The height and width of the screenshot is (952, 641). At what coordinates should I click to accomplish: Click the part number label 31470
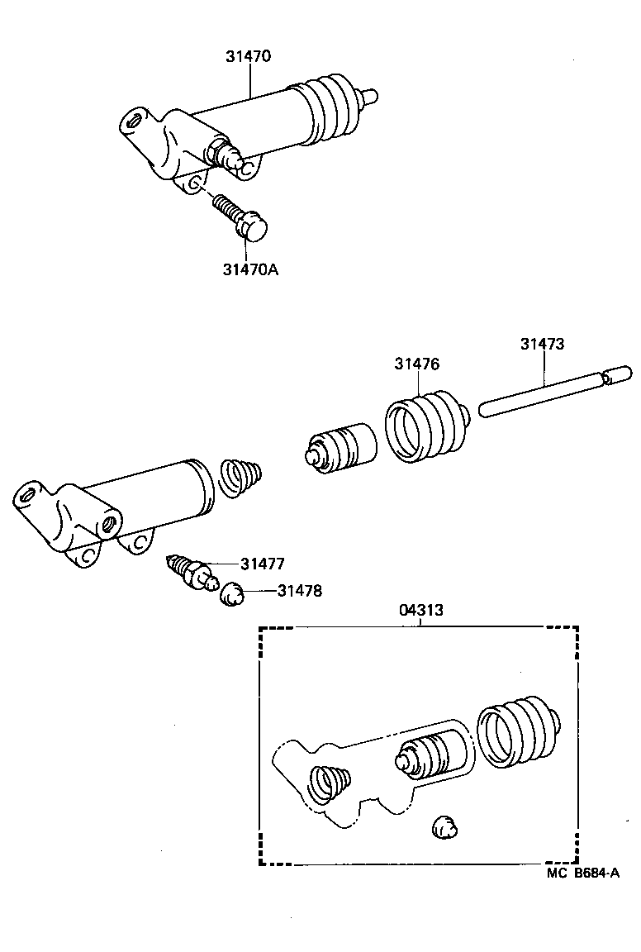(x=248, y=57)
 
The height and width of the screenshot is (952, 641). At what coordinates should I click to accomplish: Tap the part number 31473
(x=542, y=344)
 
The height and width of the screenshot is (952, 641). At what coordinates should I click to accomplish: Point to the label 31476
(x=416, y=364)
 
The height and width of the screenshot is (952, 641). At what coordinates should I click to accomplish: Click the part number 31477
(x=263, y=564)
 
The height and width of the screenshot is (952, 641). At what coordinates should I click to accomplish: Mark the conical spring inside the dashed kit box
(x=329, y=784)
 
